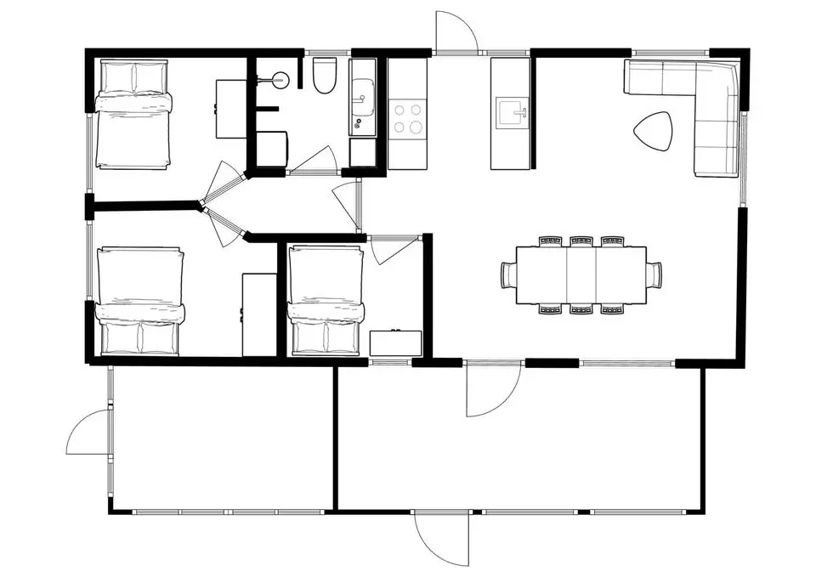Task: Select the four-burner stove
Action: click(407, 118)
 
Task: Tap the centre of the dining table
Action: click(581, 274)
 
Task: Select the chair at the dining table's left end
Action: click(508, 274)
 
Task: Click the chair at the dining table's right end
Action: click(654, 274)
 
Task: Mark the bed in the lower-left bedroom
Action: click(140, 301)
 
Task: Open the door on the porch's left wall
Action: click(89, 433)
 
